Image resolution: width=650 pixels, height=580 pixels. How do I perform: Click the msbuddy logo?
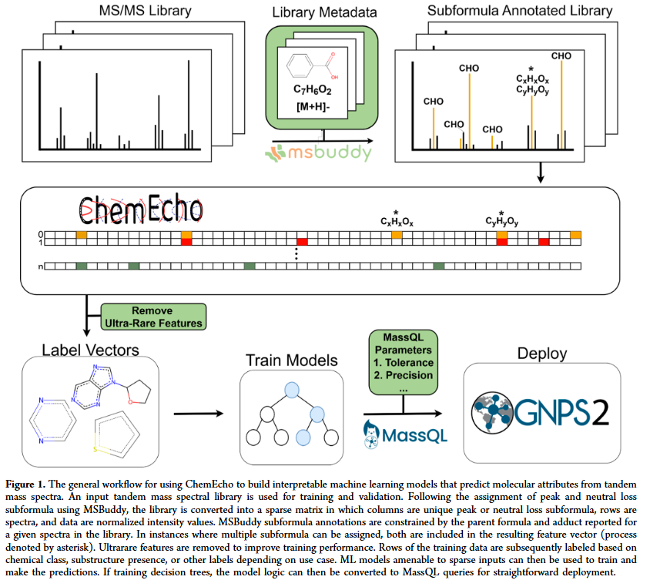[x=319, y=153]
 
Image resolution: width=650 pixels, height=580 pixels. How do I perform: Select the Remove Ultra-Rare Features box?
[x=153, y=317]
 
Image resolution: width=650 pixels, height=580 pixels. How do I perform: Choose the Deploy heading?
[x=541, y=354]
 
